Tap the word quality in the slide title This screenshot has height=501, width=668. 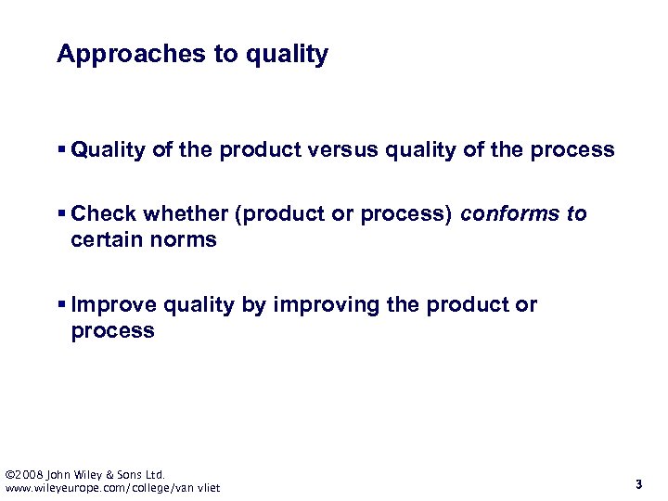coord(287,55)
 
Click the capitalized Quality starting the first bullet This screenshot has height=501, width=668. coord(110,150)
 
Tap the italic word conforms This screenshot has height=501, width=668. coord(509,214)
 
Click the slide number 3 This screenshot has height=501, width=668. coord(638,483)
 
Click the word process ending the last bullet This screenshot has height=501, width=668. coord(112,331)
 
